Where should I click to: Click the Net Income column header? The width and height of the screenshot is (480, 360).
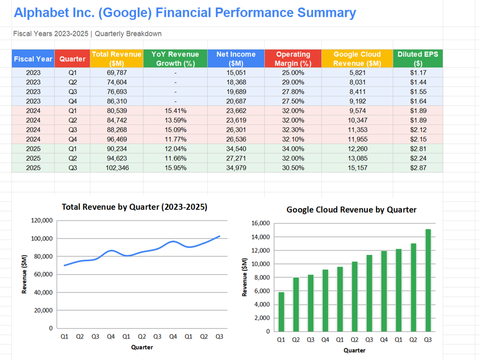[x=236, y=59]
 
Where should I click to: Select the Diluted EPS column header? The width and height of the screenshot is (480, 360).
[x=417, y=59]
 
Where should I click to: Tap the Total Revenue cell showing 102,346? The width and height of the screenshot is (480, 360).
[x=116, y=168]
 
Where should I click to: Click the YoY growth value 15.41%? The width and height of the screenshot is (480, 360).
[x=175, y=110]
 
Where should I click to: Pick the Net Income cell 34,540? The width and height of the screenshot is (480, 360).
[x=236, y=149]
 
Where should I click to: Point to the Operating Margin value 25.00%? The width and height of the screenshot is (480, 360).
[x=293, y=73]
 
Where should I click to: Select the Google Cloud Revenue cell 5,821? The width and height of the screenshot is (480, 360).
[x=357, y=73]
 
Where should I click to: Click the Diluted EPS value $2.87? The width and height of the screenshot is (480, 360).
[x=417, y=168]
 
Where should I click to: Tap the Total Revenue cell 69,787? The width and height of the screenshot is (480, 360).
[x=116, y=73]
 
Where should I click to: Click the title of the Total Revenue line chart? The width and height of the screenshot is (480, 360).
[x=134, y=207]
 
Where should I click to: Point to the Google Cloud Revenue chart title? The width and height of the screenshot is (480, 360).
[x=351, y=210]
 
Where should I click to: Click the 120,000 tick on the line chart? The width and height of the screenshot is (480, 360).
[x=42, y=221]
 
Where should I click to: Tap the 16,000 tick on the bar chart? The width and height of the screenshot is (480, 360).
[x=260, y=224]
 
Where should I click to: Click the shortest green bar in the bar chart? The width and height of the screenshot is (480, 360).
[x=281, y=311]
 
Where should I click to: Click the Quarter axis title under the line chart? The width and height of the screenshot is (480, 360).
[x=142, y=347]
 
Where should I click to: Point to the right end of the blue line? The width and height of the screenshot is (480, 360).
[x=220, y=236]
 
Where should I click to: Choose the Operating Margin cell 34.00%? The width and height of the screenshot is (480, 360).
[x=293, y=149]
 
